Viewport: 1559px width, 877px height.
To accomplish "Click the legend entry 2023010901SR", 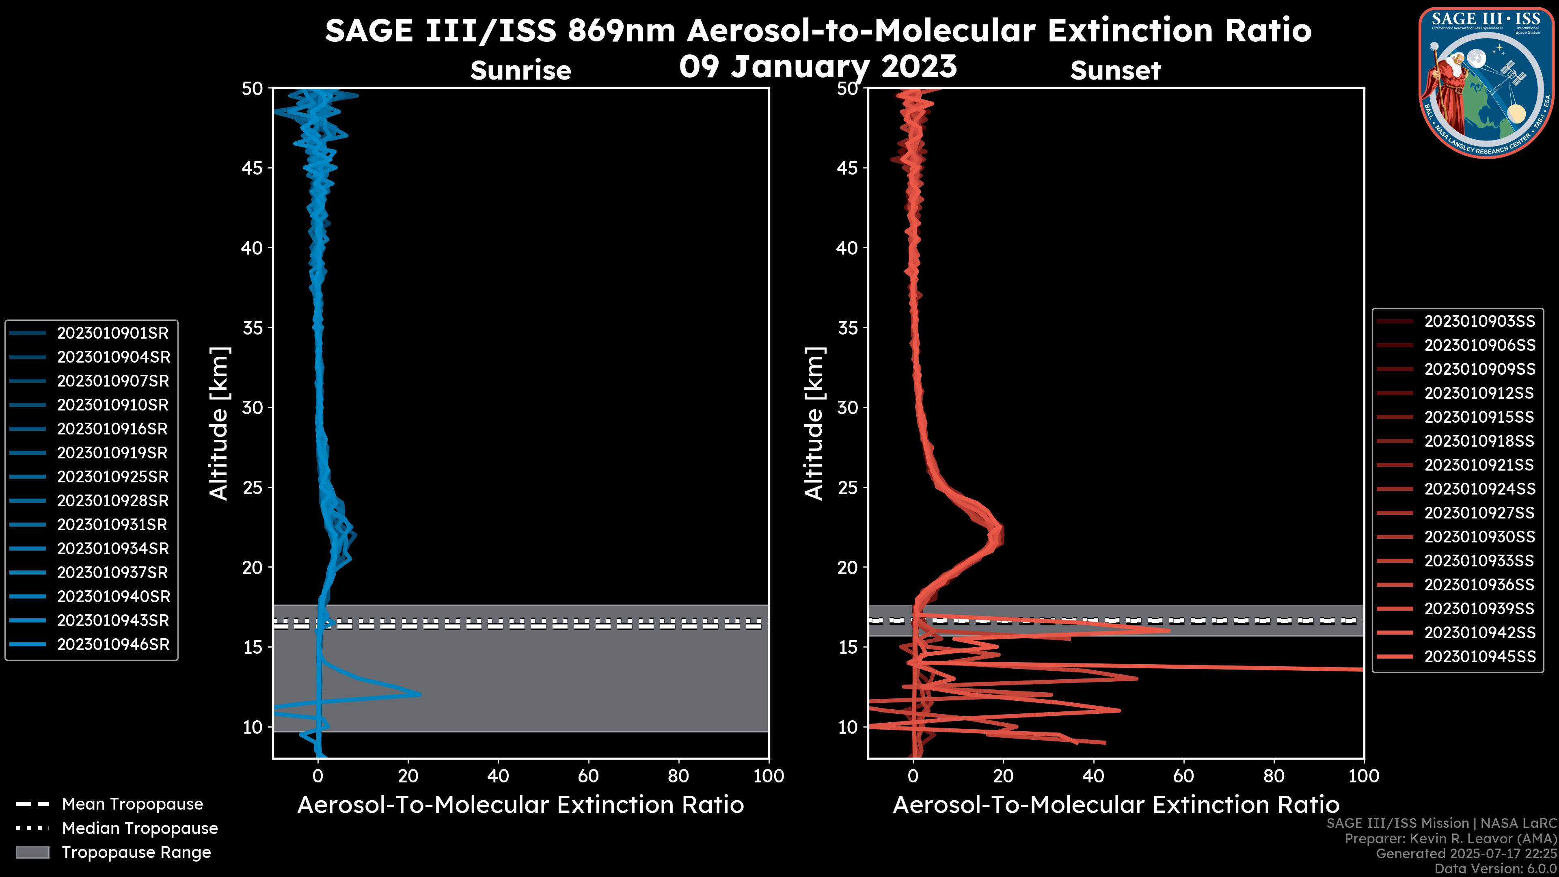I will click(112, 333).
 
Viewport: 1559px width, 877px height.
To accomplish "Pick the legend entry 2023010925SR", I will click(112, 477).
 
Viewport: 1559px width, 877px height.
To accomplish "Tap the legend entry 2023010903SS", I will click(1479, 322).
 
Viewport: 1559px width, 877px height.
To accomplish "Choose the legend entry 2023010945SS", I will click(1479, 657).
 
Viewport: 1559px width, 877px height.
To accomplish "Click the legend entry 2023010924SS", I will click(1479, 489).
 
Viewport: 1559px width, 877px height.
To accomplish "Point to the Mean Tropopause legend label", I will click(132, 804).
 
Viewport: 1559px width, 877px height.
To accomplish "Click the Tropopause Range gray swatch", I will click(32, 852).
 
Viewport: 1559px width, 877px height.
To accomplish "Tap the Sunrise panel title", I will click(520, 70).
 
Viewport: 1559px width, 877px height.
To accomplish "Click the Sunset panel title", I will click(1115, 71).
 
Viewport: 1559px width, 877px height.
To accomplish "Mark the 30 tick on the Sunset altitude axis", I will click(848, 407).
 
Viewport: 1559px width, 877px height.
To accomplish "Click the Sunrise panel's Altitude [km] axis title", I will click(219, 423).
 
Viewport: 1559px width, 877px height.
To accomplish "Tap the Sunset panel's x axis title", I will click(1115, 805).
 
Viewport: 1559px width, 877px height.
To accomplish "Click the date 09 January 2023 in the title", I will click(818, 67).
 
